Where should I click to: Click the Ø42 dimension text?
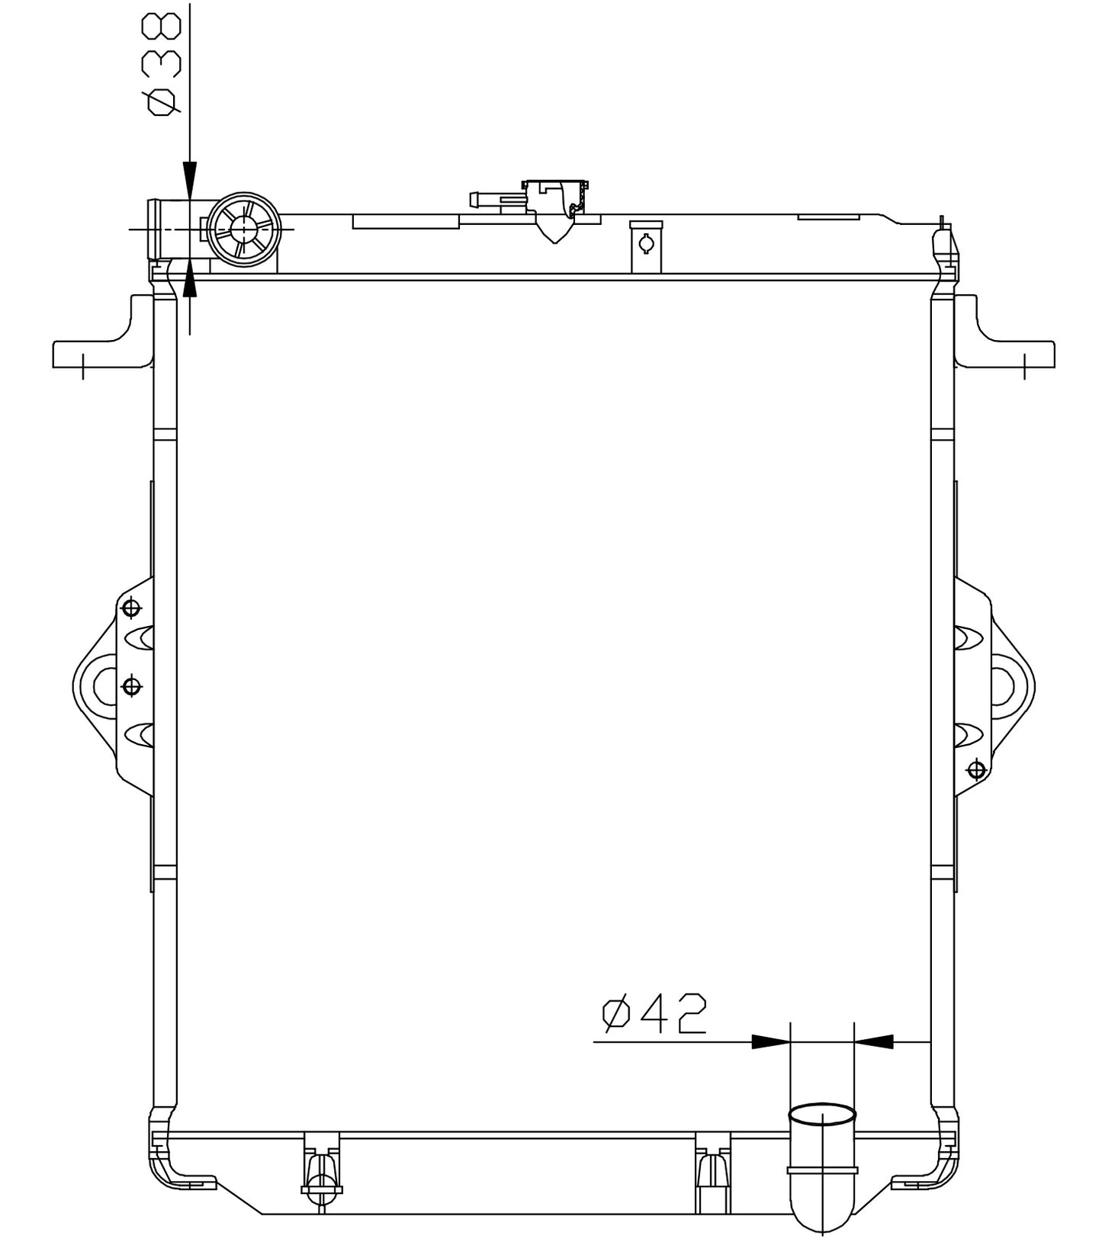(654, 1013)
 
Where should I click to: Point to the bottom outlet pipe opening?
(821, 1115)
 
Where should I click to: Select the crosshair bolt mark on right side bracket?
(975, 769)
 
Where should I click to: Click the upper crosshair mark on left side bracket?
(132, 608)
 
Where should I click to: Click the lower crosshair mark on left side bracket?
(132, 686)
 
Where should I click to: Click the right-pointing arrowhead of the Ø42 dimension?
(769, 1041)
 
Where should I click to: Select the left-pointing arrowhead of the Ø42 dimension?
(874, 1041)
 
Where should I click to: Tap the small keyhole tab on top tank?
(646, 245)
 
